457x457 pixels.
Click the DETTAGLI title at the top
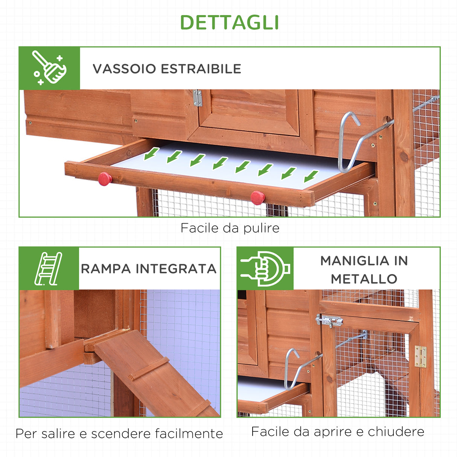(x=229, y=23)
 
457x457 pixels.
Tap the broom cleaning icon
(x=49, y=68)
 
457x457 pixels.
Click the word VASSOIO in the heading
(x=124, y=69)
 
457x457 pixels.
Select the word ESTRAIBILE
(x=201, y=69)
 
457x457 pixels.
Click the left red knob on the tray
(x=105, y=179)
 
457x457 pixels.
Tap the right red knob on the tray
(x=257, y=197)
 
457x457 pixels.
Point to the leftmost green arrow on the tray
(x=151, y=153)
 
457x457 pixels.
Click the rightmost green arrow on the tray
(x=311, y=176)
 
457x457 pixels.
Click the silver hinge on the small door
(x=197, y=98)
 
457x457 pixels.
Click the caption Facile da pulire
(x=230, y=228)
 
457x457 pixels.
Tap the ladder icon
(x=49, y=268)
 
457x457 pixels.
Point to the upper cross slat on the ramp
(x=149, y=369)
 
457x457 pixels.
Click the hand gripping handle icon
(x=265, y=268)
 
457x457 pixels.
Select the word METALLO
(x=364, y=279)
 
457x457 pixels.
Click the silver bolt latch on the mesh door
(x=329, y=321)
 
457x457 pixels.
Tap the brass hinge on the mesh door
(x=420, y=356)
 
